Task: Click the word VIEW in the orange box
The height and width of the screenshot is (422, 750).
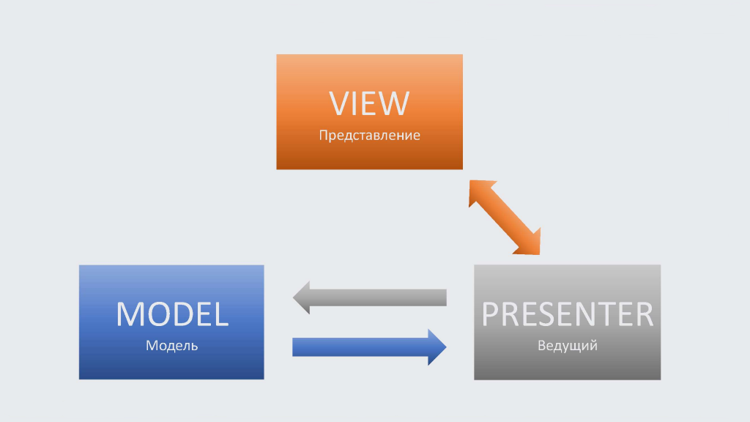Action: point(369,103)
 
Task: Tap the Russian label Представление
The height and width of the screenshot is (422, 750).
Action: point(369,136)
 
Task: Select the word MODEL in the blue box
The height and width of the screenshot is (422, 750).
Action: point(172,314)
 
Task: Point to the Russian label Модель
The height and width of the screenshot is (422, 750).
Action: point(171,346)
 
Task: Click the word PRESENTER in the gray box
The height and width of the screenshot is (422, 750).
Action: point(568,314)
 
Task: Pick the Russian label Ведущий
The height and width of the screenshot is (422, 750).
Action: point(568,346)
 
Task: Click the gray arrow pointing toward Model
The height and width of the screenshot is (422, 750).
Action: point(370,297)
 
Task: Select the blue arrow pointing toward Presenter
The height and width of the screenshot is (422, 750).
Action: point(369,347)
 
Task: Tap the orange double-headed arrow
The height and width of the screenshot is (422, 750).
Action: point(505,217)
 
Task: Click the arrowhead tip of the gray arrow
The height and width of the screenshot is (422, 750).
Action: point(293,297)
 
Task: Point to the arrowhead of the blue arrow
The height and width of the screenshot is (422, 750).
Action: point(437,347)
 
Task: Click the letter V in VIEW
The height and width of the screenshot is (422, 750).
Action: point(339,103)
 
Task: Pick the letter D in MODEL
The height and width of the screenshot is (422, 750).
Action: point(179,314)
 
